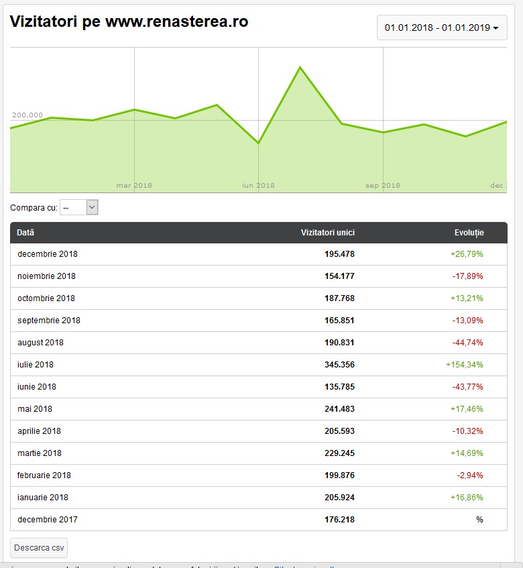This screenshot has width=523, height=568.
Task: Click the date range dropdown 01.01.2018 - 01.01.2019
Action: click(x=442, y=28)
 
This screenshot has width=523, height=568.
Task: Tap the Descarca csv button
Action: click(x=39, y=547)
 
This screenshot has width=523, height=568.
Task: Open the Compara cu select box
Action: click(x=79, y=208)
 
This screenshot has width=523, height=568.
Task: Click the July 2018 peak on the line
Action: click(x=300, y=67)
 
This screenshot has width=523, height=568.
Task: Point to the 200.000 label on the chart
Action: click(x=27, y=115)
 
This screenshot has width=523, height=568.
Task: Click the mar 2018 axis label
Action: click(x=134, y=186)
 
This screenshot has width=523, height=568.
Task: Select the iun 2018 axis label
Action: click(x=258, y=186)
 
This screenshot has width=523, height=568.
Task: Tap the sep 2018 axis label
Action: click(x=383, y=186)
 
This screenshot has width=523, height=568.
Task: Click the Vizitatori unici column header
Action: click(x=327, y=233)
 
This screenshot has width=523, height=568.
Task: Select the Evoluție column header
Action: click(x=469, y=233)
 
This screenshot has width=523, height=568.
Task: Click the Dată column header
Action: click(x=25, y=233)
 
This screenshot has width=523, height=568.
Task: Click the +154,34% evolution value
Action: click(x=464, y=365)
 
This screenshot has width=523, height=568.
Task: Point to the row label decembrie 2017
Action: click(x=48, y=519)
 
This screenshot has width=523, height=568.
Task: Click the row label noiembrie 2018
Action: click(x=47, y=276)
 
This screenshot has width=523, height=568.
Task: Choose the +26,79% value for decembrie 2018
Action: click(x=467, y=254)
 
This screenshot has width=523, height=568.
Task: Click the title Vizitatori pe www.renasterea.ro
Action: click(x=129, y=21)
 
